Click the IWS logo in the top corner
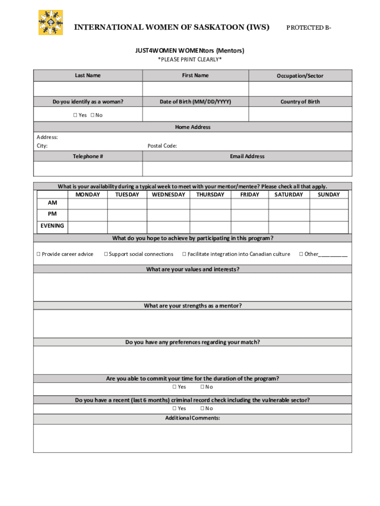[51, 22]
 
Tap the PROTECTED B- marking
[309, 28]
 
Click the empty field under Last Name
[88, 89]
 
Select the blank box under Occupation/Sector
[300, 89]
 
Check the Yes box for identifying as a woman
[76, 115]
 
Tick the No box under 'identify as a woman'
[92, 115]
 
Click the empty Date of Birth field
[195, 114]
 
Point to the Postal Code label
[162, 146]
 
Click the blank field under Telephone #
[88, 169]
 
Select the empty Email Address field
[247, 169]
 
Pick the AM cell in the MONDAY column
[87, 204]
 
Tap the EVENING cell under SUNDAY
[329, 227]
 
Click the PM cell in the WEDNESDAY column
[168, 215]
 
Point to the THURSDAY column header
[210, 195]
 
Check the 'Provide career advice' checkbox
[38, 254]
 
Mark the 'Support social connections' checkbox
[106, 254]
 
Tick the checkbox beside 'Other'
[301, 254]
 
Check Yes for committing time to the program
[174, 387]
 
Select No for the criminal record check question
[202, 409]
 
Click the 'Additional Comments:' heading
[192, 418]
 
